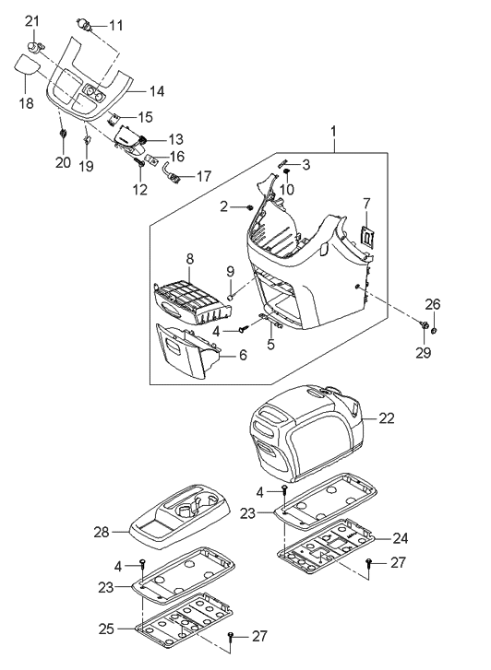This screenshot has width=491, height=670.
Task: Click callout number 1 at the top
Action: pos(334,134)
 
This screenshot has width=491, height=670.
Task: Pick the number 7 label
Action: pos(366,202)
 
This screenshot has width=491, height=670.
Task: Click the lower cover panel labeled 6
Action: pos(185,350)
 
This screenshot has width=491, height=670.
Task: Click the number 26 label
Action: pos(435,304)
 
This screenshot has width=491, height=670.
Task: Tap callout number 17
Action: pos(203,174)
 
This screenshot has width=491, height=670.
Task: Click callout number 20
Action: pos(62,162)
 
